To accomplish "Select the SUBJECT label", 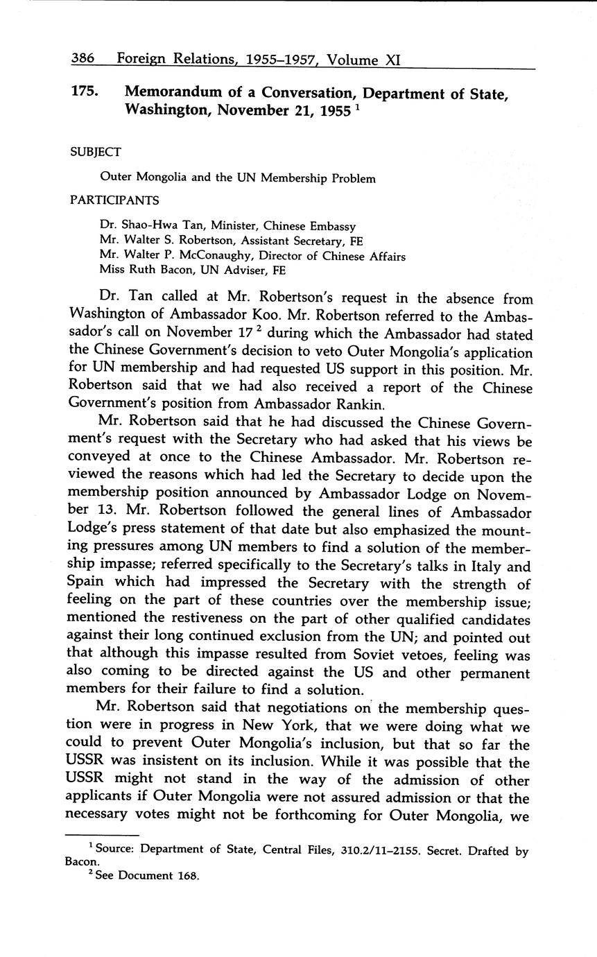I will tap(96, 151).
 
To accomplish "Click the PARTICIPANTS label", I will tap(114, 200).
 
